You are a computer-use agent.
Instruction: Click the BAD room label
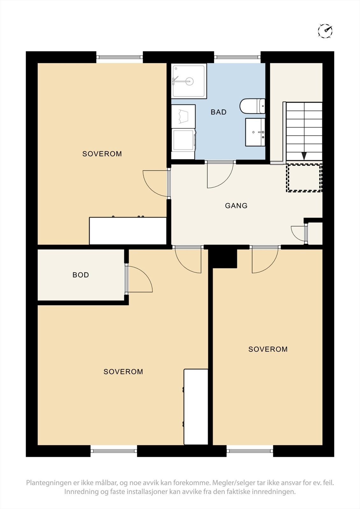(x=218, y=112)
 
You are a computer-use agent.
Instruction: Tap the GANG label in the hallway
(x=236, y=206)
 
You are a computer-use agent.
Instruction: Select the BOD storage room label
(x=81, y=275)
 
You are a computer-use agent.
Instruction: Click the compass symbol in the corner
(x=325, y=31)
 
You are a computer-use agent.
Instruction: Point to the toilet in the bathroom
(x=252, y=106)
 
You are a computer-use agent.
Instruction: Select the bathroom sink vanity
(x=255, y=132)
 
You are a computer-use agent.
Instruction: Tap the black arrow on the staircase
(x=304, y=156)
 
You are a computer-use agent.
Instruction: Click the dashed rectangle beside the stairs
(x=304, y=178)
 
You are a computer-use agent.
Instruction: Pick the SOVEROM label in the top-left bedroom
(x=102, y=154)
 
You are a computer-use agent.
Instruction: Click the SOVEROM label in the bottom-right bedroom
(x=268, y=349)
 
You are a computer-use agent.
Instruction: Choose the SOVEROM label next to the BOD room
(x=123, y=372)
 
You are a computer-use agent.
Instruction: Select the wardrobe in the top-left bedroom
(x=128, y=231)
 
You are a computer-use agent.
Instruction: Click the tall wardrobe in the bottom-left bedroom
(x=196, y=407)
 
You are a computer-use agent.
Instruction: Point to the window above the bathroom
(x=237, y=57)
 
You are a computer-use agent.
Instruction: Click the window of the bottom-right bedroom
(x=250, y=450)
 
